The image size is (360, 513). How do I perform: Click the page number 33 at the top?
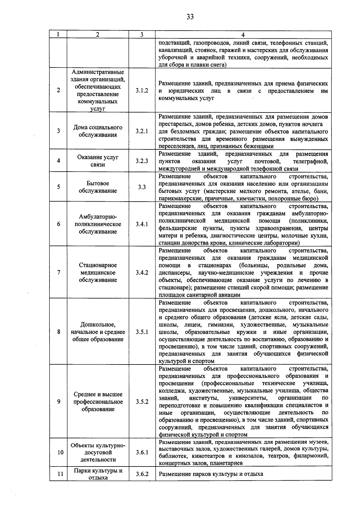(x=190, y=17)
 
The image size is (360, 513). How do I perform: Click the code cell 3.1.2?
(x=142, y=90)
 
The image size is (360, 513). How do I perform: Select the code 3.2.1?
(x=142, y=131)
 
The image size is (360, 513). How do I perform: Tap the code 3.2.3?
(x=142, y=161)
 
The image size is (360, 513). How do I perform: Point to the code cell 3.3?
(x=142, y=187)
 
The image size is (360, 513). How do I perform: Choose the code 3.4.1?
(x=142, y=224)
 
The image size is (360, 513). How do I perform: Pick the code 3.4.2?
(x=142, y=272)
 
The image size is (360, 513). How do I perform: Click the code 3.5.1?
(x=142, y=332)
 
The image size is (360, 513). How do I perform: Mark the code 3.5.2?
(x=142, y=402)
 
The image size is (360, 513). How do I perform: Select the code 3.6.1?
(x=142, y=452)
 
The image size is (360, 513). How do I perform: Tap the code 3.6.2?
(x=142, y=474)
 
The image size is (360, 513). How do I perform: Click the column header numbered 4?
(x=243, y=34)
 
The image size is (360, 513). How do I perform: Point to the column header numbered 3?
(x=142, y=34)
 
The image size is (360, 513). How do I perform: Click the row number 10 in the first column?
(x=60, y=452)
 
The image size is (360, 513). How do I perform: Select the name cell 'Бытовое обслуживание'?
(x=98, y=187)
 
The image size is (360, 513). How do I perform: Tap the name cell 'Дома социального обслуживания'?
(x=98, y=131)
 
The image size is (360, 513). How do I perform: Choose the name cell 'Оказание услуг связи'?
(x=98, y=161)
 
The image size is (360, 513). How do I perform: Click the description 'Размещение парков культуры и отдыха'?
(x=211, y=474)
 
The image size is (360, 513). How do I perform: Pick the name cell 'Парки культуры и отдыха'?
(x=98, y=474)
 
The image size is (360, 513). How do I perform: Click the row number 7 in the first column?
(x=58, y=272)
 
